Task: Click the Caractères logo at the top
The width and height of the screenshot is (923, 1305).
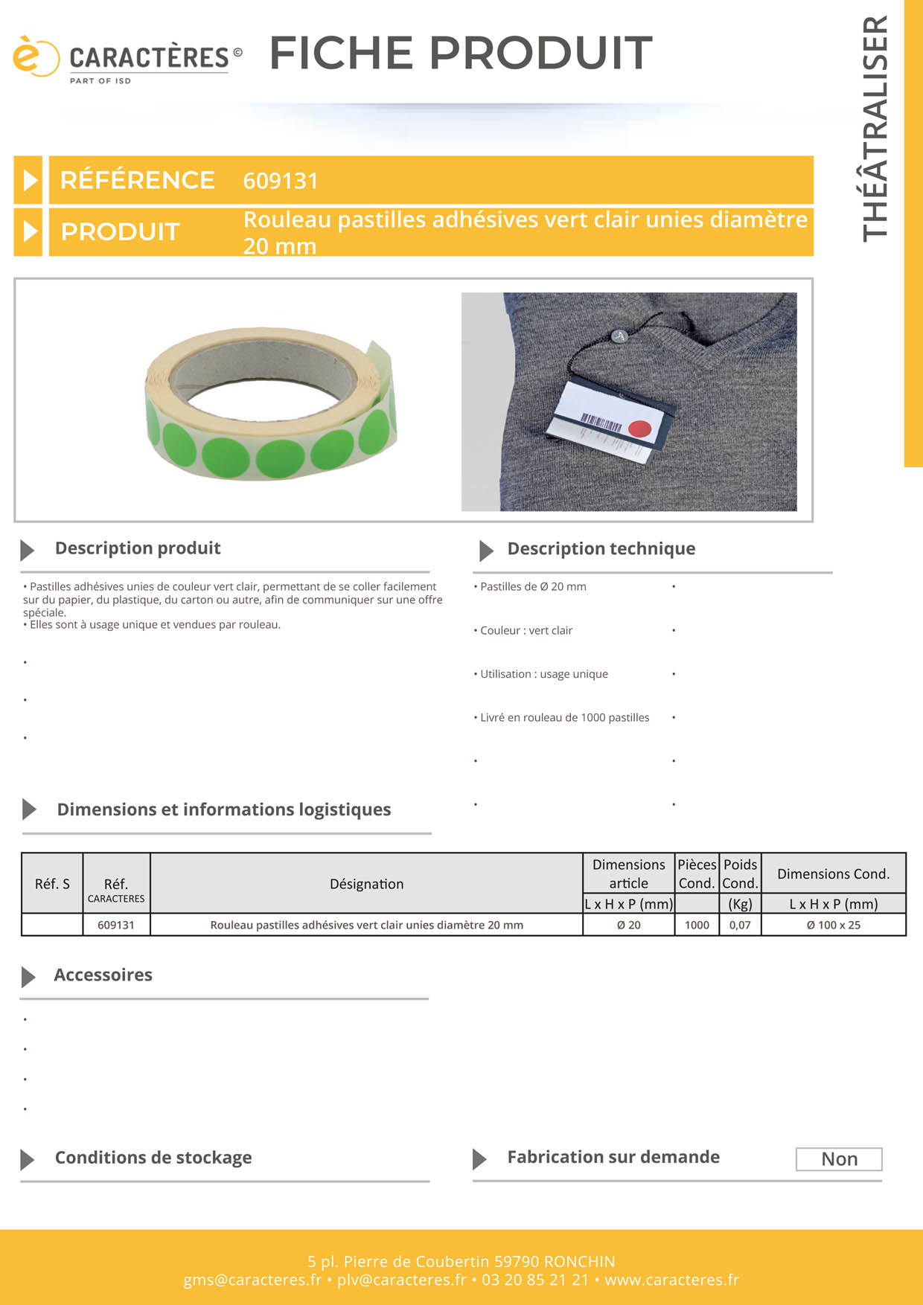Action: [x=127, y=59]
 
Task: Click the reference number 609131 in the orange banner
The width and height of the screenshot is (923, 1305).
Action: [x=281, y=181]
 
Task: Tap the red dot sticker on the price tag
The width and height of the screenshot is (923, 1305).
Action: [x=640, y=429]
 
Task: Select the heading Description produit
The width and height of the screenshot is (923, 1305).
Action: [x=138, y=548]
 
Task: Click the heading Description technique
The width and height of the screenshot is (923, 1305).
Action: [x=601, y=549]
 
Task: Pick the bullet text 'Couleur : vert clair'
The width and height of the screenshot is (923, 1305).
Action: [x=526, y=630]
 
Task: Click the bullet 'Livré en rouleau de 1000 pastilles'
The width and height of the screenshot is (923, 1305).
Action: [x=564, y=717]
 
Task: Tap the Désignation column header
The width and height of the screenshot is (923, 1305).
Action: [x=366, y=884]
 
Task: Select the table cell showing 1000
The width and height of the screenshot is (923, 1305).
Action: [x=697, y=925]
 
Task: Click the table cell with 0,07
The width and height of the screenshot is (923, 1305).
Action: [x=740, y=925]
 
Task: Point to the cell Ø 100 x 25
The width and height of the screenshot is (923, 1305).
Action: [x=833, y=925]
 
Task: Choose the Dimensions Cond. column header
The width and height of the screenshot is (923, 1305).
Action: [x=833, y=873]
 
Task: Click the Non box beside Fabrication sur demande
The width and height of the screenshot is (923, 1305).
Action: [x=839, y=1159]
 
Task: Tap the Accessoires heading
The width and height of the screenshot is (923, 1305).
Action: [x=103, y=975]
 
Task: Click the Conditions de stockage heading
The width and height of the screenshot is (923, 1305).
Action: [x=153, y=1158]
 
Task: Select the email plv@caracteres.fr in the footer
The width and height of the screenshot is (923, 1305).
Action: [x=401, y=1280]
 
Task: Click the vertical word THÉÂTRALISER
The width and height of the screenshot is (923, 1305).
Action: [x=875, y=128]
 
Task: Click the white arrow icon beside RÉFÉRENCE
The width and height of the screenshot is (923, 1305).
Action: [x=30, y=180]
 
